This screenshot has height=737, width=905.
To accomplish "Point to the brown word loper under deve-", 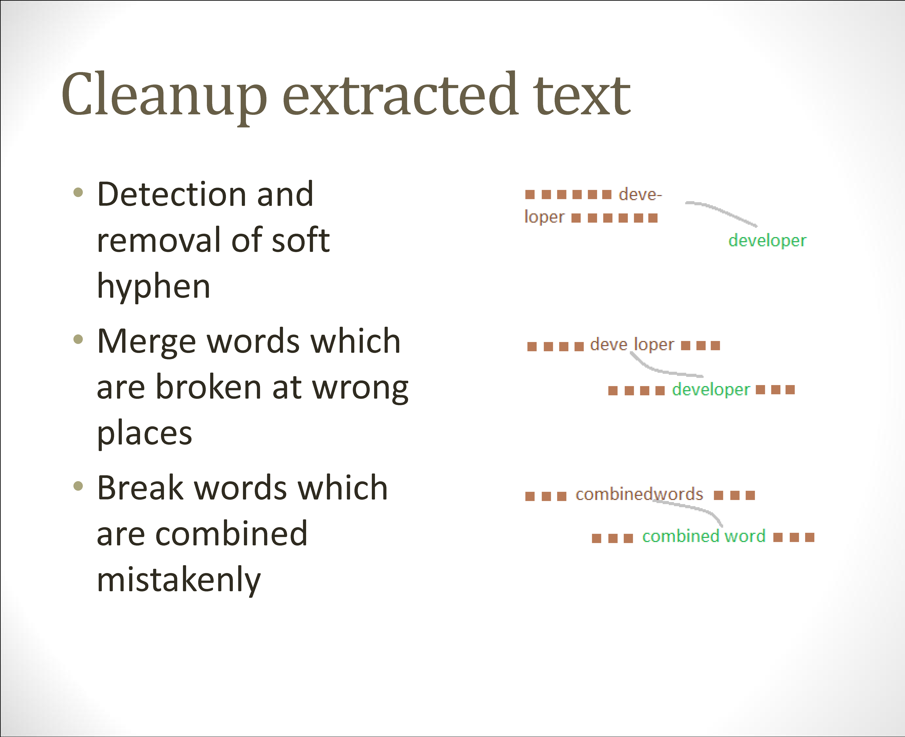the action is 544,217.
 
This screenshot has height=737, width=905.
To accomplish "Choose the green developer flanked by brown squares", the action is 711,390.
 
